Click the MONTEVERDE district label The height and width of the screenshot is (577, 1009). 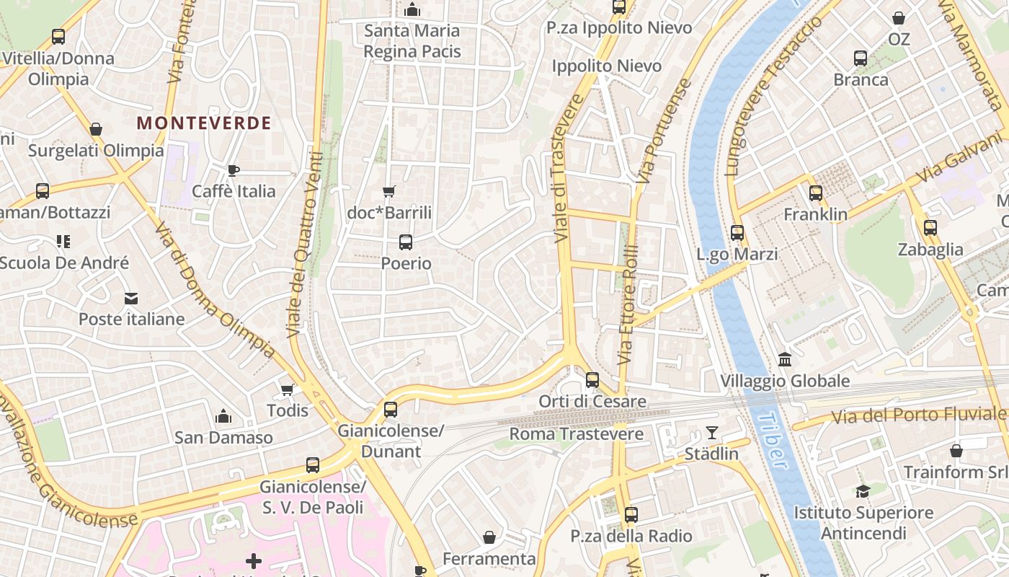click(x=204, y=123)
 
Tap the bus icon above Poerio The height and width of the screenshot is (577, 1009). click(x=406, y=242)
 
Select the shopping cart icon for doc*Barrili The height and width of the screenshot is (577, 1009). click(x=389, y=191)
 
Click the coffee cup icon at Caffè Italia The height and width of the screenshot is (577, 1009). click(x=233, y=170)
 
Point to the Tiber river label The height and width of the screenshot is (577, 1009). click(x=773, y=440)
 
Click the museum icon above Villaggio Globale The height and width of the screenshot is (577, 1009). click(x=785, y=359)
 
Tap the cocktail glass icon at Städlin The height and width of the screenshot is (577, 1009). click(x=712, y=433)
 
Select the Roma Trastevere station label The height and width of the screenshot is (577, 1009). click(x=577, y=434)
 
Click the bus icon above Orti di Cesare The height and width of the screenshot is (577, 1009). click(x=592, y=379)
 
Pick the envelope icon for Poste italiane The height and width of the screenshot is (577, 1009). click(x=131, y=298)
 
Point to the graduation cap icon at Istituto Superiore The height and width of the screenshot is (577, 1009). click(x=863, y=492)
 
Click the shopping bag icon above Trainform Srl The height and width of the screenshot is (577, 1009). click(x=956, y=451)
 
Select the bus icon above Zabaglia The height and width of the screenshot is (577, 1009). click(x=930, y=228)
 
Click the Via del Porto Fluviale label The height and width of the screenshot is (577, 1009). click(x=919, y=415)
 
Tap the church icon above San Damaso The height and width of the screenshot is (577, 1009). click(x=224, y=416)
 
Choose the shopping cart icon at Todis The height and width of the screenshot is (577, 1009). click(x=287, y=389)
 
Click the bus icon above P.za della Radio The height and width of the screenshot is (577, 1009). click(x=631, y=514)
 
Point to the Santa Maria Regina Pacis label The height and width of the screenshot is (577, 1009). click(x=412, y=41)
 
